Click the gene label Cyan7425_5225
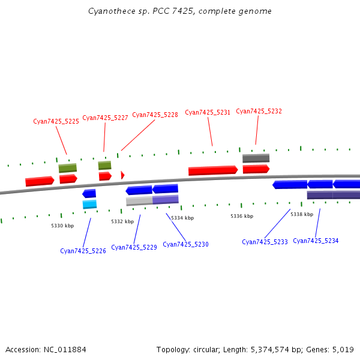[x=56, y=121]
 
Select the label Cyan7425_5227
[x=105, y=118]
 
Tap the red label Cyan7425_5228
[x=155, y=115]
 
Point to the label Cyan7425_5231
[x=208, y=113]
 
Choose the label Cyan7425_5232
[x=259, y=112]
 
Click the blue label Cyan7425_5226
[x=83, y=251]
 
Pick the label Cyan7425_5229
[x=134, y=247]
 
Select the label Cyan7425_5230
[x=185, y=245]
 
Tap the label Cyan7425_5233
[x=265, y=242]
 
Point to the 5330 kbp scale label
[x=62, y=226]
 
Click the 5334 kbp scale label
[x=182, y=218]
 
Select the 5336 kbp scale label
[x=242, y=216]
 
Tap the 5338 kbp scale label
[x=302, y=214]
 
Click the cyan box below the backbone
[x=89, y=205]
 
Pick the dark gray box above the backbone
[x=256, y=158]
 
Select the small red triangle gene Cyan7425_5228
[x=122, y=175]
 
